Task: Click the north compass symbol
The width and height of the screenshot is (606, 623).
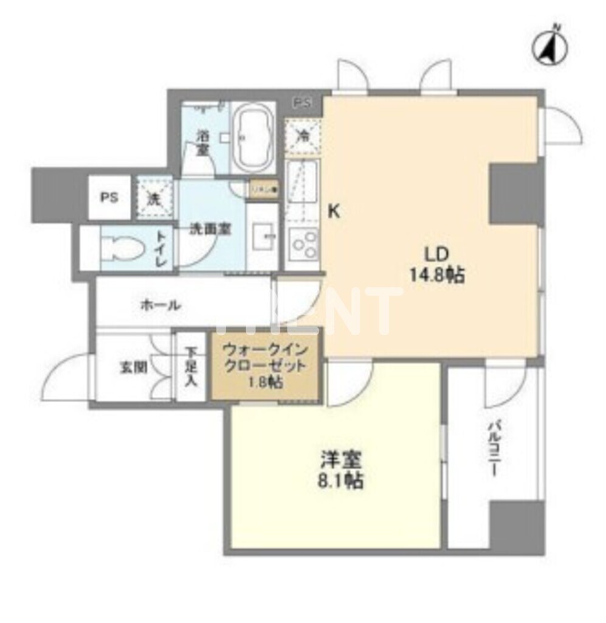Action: (551, 47)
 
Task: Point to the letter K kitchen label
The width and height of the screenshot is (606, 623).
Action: (334, 212)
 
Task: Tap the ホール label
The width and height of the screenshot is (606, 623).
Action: (160, 305)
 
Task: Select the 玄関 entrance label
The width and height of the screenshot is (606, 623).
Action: (133, 367)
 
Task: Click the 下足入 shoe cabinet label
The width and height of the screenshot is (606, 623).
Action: (191, 367)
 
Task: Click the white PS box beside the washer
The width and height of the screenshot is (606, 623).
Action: (109, 198)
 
